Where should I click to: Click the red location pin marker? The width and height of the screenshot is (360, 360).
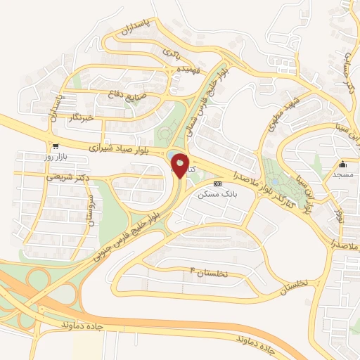tap(180, 166)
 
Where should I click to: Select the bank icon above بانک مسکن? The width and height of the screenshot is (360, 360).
tap(217, 183)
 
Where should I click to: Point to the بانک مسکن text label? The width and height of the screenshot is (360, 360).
tap(217, 194)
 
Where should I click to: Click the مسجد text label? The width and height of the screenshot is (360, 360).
tap(342, 174)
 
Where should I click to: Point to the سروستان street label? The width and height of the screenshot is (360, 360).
tap(88, 210)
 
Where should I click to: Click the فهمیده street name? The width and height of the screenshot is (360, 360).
tap(192, 70)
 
